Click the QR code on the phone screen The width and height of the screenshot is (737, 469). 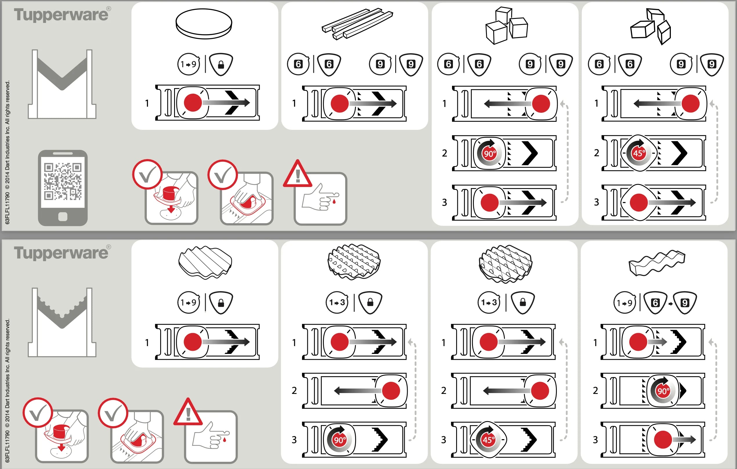click(63, 181)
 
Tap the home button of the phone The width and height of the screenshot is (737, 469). click(63, 217)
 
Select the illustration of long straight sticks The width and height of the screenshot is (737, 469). click(357, 24)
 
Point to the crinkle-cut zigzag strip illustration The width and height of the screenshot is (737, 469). click(657, 263)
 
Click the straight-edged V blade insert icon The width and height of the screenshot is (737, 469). click(62, 84)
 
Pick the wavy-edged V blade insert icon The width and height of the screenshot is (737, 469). click(62, 322)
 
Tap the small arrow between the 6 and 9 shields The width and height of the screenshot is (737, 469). click(670, 303)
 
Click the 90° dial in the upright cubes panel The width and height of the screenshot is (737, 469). click(489, 153)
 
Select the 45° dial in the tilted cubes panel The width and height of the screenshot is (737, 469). click(639, 153)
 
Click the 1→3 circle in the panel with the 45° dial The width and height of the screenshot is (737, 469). click(489, 303)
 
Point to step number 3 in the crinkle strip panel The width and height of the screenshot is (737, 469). click(595, 440)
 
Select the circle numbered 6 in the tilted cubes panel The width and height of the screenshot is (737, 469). click(599, 64)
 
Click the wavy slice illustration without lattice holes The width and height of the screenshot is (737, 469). click(205, 262)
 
